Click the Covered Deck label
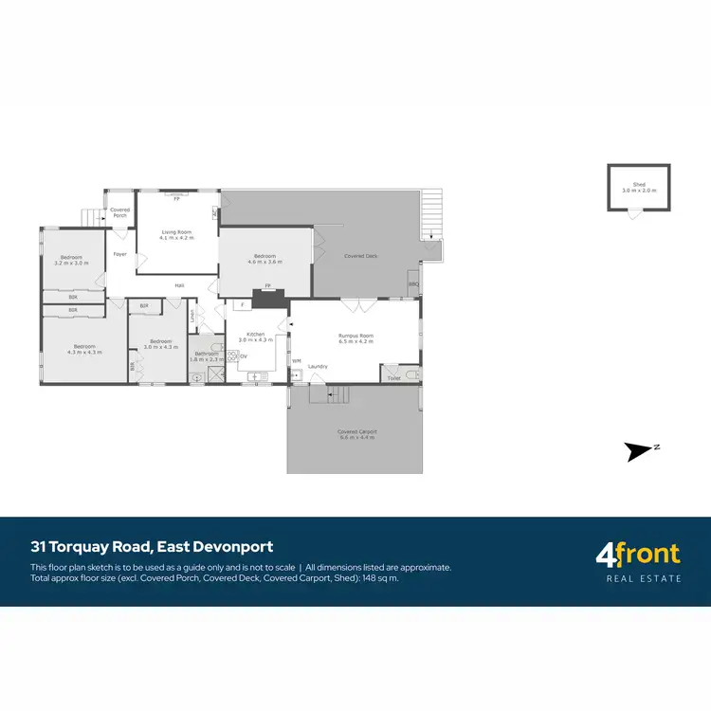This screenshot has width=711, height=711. tap(361, 256)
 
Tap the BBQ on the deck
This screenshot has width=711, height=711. tap(413, 283)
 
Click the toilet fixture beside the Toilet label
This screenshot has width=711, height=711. tap(410, 375)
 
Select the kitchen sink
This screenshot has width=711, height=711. tap(254, 377)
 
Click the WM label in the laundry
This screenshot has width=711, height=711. tap(296, 361)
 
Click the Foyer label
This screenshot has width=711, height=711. tap(119, 254)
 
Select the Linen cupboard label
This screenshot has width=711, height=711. tap(193, 319)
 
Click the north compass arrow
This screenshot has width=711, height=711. tap(641, 451)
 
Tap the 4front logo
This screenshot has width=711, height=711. tap(638, 560)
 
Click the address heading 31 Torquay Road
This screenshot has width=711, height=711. tap(152, 547)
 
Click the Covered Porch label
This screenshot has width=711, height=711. tap(119, 212)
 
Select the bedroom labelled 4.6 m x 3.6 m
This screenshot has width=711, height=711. tap(264, 259)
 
